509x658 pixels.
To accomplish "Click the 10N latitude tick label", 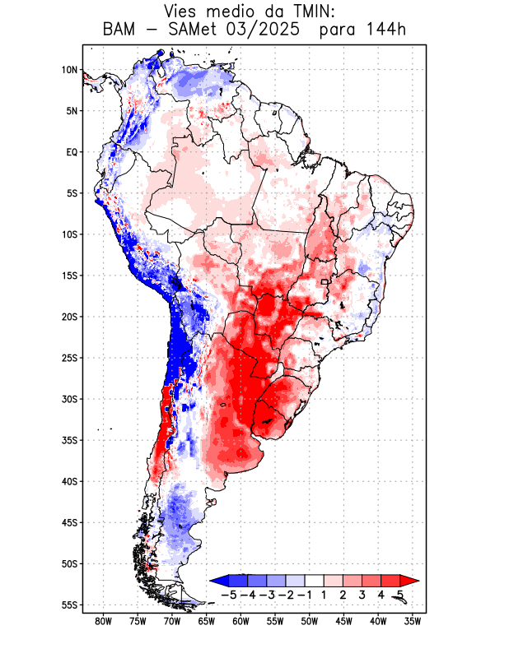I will tap(69, 70).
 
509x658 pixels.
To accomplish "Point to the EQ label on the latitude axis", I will tap(72, 152).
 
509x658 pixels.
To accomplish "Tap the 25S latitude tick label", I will tap(69, 358).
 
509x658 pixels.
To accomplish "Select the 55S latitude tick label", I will tap(69, 605).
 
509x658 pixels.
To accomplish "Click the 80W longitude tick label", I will tap(103, 622).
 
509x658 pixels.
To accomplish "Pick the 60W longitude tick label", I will tap(240, 622).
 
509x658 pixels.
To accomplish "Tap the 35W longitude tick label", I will tap(413, 622).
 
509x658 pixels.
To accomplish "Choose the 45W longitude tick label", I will tap(343, 622).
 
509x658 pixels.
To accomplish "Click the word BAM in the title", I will tap(120, 30).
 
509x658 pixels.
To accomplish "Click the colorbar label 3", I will tap(363, 594).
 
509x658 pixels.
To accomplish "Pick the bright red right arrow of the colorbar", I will tap(409, 580).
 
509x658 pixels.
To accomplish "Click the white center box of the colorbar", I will tap(314, 580).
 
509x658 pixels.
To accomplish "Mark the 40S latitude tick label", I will tap(69, 481).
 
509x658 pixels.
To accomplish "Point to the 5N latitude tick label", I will tap(72, 111).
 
